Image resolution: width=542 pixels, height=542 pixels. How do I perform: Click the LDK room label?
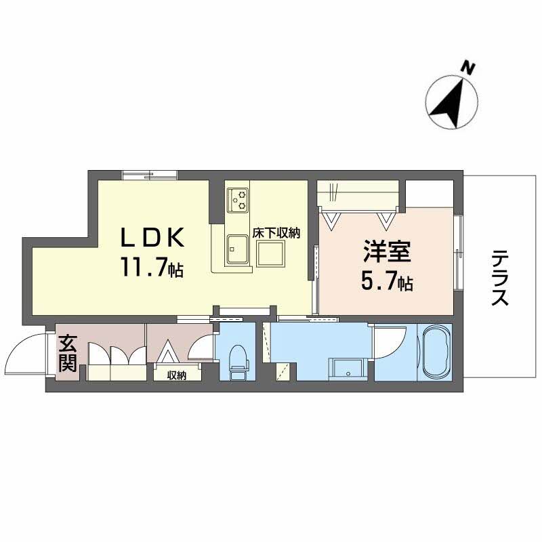pos(152,239)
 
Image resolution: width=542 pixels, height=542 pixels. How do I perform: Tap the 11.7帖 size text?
pos(152,269)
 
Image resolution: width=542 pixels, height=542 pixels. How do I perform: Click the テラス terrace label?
pos(500,278)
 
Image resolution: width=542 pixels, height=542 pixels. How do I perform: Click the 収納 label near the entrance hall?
pos(178,375)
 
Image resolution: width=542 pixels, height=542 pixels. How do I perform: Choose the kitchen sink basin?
pos(238,249)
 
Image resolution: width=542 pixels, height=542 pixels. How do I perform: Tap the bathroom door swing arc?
pos(389,343)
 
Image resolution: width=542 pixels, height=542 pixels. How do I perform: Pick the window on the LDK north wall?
pos(150,175)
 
